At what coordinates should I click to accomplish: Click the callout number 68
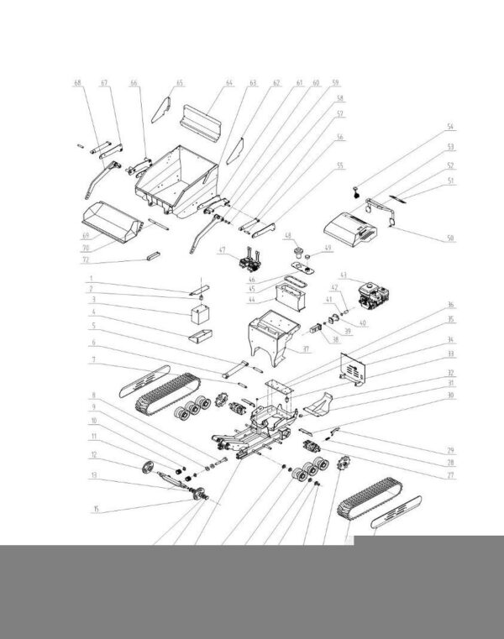pyautogui.click(x=78, y=83)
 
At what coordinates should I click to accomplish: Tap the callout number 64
pyautogui.click(x=228, y=83)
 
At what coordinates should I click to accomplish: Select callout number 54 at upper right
pyautogui.click(x=449, y=127)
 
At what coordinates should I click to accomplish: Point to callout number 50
pyautogui.click(x=449, y=238)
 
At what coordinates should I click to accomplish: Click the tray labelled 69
pyautogui.click(x=109, y=220)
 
